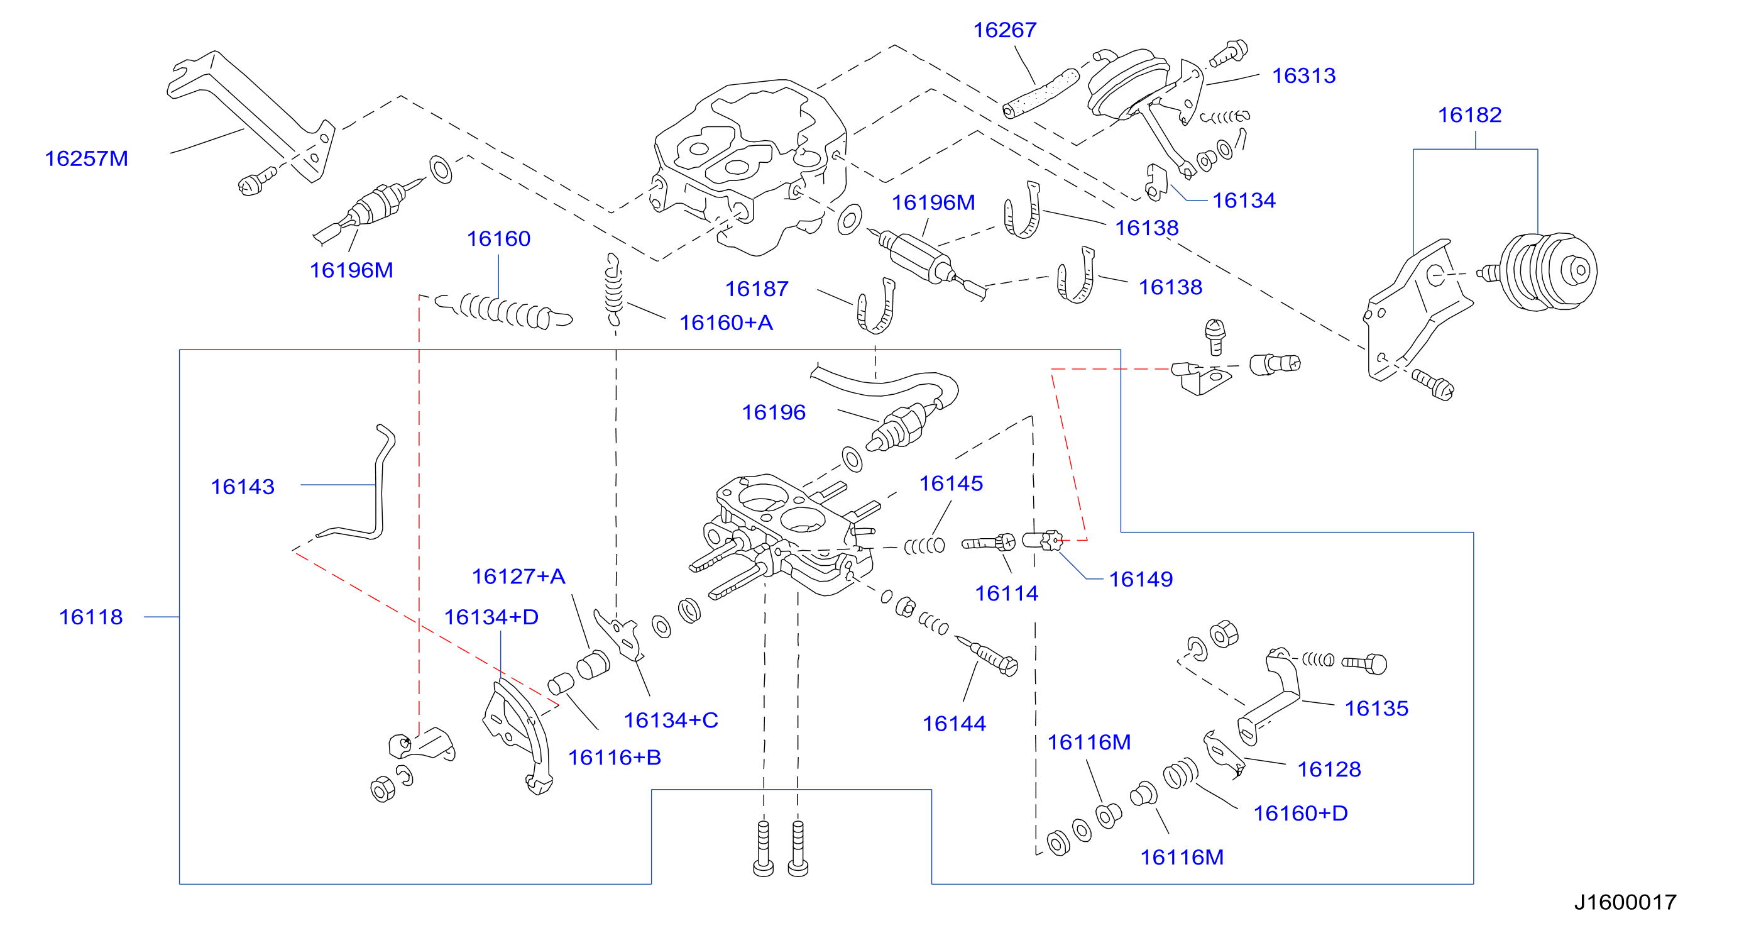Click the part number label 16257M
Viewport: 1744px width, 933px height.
(x=86, y=158)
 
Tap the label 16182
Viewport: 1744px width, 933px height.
(x=1469, y=115)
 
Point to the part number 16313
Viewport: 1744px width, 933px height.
(x=1303, y=76)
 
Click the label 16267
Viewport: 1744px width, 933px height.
(x=1005, y=30)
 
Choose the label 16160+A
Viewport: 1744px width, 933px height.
(x=726, y=323)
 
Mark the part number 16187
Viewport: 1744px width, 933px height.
(x=756, y=289)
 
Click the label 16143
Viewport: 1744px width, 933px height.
(x=243, y=487)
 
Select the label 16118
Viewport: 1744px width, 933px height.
(x=90, y=617)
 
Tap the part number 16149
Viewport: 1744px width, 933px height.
(x=1141, y=579)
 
